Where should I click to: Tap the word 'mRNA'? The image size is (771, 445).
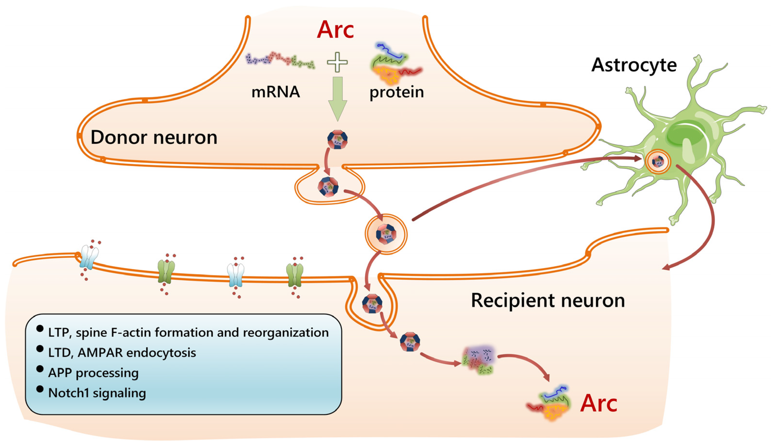click(x=275, y=92)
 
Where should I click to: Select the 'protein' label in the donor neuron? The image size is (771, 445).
click(x=397, y=92)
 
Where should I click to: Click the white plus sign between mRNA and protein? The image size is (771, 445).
click(x=337, y=62)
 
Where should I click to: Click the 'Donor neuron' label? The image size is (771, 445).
click(x=154, y=137)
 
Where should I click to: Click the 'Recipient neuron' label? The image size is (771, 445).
click(x=548, y=300)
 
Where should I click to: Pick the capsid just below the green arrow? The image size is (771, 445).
click(x=337, y=140)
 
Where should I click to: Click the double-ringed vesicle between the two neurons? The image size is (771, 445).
click(x=386, y=234)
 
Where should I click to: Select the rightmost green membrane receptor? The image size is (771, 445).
click(x=295, y=275)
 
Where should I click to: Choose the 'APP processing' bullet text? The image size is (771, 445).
click(x=93, y=373)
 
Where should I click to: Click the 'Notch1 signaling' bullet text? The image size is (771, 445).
click(x=97, y=393)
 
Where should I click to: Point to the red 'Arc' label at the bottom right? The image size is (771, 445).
click(x=598, y=403)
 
